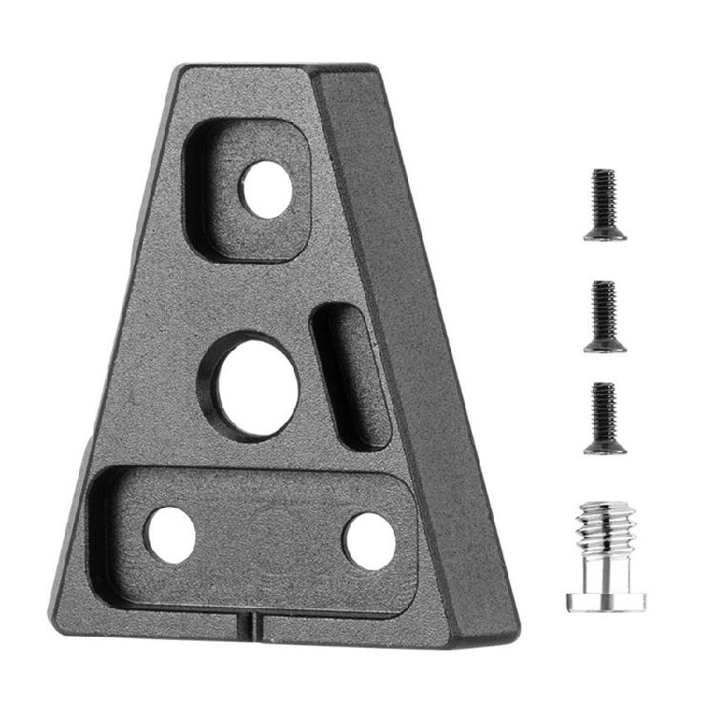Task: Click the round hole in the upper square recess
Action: coord(265,189)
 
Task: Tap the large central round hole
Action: coord(255,386)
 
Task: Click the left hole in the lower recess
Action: coord(170,534)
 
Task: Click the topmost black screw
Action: coord(604,204)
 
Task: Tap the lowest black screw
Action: coord(604,418)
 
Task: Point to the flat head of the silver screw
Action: coord(606,601)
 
